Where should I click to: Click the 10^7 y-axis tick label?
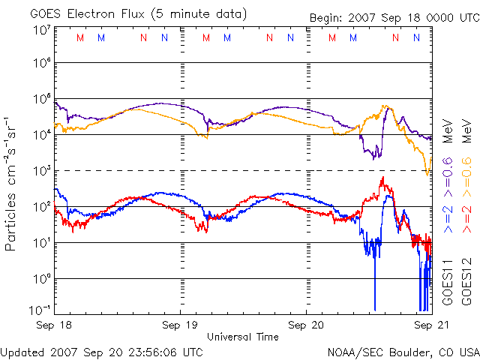40,30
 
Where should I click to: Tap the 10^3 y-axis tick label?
40,170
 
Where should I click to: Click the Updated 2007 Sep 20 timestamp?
102,351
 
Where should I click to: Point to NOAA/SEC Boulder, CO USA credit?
403,351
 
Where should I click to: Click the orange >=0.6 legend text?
466,171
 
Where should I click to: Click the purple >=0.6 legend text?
447,171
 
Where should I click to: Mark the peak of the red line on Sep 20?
382,178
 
